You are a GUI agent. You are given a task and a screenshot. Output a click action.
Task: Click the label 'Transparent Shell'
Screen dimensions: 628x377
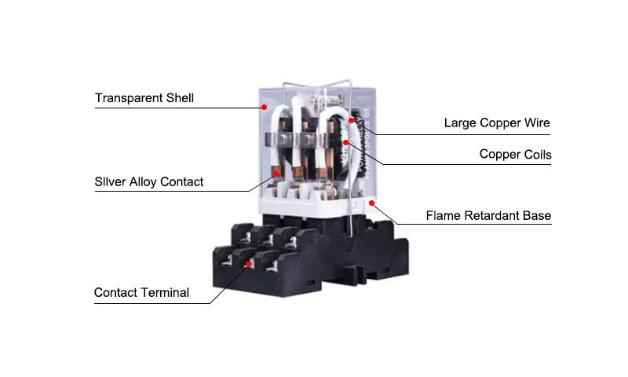pos(144,98)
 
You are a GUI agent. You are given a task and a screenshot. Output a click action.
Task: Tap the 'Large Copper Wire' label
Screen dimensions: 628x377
pos(497,123)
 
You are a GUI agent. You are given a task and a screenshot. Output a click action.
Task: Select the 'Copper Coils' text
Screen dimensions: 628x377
pos(516,154)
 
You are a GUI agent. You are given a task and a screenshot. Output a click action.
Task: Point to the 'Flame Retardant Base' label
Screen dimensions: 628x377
pos(488,215)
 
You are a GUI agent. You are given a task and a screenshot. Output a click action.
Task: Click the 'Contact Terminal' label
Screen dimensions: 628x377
pos(141,292)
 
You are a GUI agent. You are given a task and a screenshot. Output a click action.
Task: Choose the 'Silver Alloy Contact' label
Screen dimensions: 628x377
pos(149,182)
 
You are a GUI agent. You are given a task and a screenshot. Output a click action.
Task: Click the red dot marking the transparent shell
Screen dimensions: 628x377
pos(265,107)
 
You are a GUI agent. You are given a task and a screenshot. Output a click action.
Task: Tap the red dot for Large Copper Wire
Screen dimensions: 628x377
pos(351,120)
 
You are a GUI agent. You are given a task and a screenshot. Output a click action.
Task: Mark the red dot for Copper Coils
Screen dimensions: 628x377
pos(345,142)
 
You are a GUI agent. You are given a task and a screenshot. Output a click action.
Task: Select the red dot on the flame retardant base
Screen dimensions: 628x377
pos(371,203)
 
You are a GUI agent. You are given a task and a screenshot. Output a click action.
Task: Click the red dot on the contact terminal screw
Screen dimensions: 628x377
pos(248,264)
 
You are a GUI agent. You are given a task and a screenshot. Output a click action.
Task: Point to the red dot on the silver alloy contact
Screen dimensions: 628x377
pos(276,174)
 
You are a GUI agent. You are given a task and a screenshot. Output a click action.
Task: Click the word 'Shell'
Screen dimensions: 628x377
pos(181,98)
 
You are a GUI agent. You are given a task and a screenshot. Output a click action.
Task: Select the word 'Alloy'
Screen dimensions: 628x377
pos(143,182)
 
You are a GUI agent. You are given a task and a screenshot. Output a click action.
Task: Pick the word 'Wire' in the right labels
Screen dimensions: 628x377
pos(537,123)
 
